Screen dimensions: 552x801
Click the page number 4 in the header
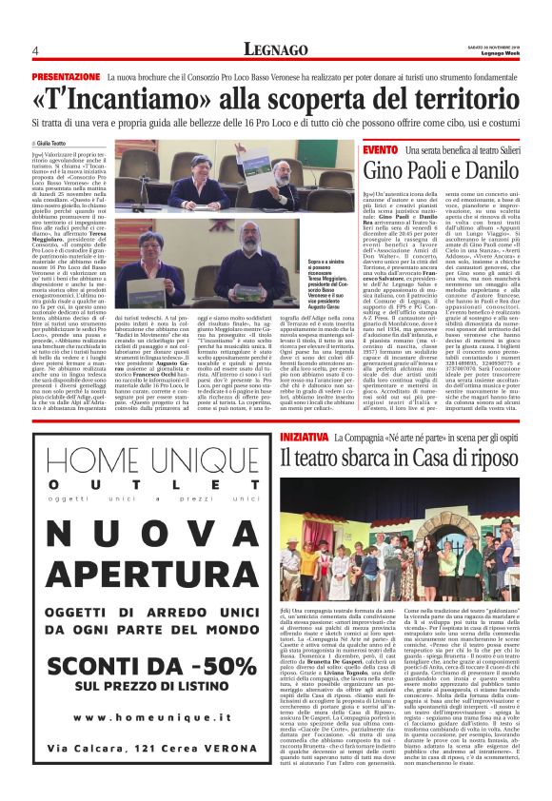[x=35, y=50]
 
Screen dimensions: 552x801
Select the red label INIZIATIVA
[x=306, y=436]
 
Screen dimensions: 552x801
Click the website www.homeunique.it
[x=139, y=744]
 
